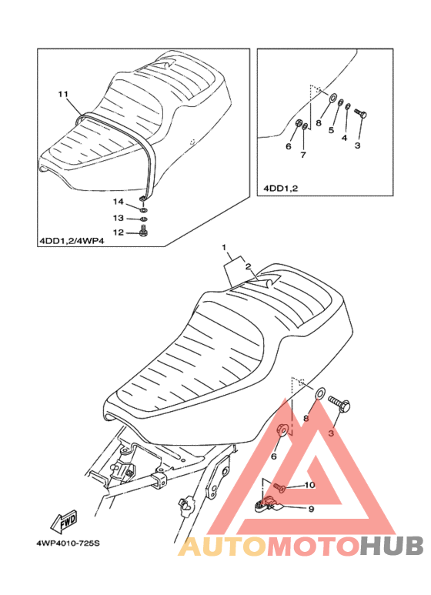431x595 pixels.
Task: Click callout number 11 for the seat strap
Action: click(63, 94)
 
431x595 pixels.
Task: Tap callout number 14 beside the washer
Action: click(118, 202)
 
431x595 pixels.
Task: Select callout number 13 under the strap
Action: click(118, 218)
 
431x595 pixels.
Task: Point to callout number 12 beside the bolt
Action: click(119, 232)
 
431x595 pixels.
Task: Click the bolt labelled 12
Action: click(144, 231)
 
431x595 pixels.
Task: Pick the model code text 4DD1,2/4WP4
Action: click(72, 241)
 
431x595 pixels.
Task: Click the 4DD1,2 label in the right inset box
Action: click(281, 189)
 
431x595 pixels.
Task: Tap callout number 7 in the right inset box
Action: click(302, 155)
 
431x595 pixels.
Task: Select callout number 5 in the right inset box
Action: click(331, 130)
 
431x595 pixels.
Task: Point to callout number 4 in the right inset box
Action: click(344, 138)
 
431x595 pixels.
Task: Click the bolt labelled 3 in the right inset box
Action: click(360, 113)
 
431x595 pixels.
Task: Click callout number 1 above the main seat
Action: click(224, 248)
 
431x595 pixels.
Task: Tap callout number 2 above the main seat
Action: click(248, 267)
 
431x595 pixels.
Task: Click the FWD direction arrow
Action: click(63, 522)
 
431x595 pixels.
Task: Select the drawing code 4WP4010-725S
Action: click(68, 543)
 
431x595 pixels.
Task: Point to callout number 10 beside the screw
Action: click(309, 485)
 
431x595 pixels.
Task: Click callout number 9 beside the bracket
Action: click(311, 509)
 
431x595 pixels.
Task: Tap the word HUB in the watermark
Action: click(392, 546)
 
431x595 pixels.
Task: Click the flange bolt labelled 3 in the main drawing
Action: click(339, 405)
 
